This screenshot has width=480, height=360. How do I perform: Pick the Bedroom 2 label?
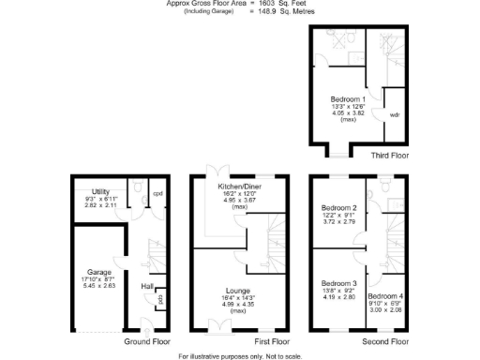pyautogui.click(x=339, y=207)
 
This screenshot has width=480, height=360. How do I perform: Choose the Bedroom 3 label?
pyautogui.click(x=339, y=283)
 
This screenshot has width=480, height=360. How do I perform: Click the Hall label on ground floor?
pyautogui.click(x=147, y=286)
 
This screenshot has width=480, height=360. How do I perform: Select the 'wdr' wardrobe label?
pyautogui.click(x=397, y=114)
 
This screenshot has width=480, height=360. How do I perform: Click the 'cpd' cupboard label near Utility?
pyautogui.click(x=157, y=196)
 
